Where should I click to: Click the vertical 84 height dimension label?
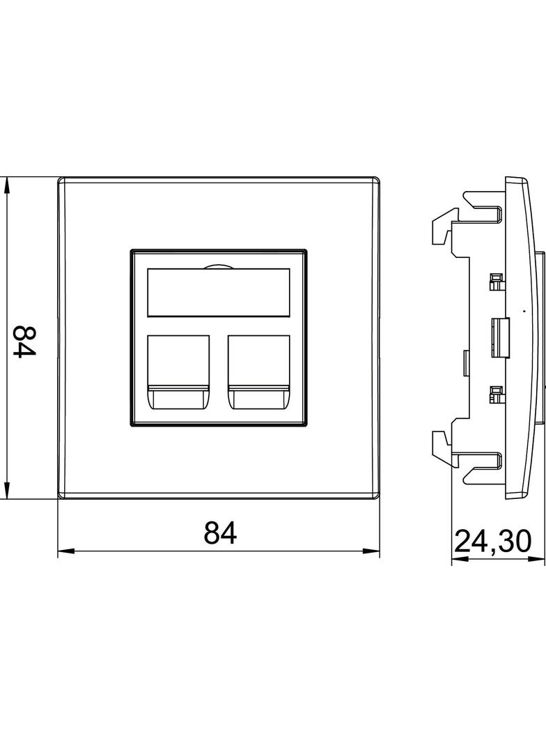[x=24, y=341]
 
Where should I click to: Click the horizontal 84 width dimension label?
[x=220, y=533]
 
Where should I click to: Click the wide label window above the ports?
[x=218, y=293]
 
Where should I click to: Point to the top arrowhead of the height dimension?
[x=6, y=185]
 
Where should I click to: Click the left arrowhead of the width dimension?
[x=66, y=551]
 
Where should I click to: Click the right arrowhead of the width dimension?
[x=371, y=551]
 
